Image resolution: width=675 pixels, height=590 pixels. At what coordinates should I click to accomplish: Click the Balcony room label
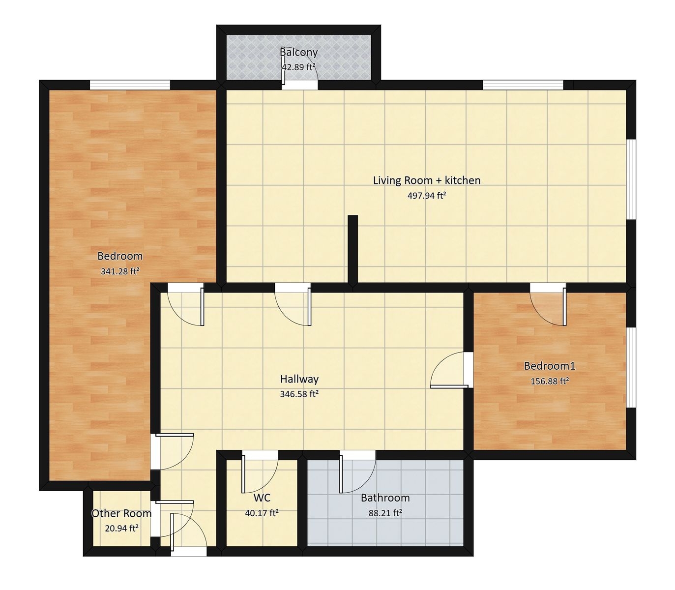(298, 52)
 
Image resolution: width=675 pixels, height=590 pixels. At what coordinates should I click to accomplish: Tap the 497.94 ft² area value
(427, 196)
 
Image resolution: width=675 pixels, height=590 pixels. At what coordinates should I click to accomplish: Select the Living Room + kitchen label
(427, 180)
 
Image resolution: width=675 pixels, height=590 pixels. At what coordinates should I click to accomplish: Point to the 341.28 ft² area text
(120, 271)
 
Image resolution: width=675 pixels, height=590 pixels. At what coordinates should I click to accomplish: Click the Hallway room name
(299, 379)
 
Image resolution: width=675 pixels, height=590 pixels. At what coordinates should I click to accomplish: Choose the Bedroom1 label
(550, 366)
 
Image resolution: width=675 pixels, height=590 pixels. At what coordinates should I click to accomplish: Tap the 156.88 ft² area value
(550, 381)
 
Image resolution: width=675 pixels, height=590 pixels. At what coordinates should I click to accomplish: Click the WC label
(262, 498)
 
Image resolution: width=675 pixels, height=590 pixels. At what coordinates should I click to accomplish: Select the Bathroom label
(385, 498)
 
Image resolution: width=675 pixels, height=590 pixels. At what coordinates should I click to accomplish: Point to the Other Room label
(121, 513)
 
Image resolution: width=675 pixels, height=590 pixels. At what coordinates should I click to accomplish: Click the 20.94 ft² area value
(121, 528)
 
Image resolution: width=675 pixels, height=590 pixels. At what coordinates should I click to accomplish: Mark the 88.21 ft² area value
(385, 513)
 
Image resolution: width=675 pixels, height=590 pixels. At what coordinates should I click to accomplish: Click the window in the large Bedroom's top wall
(130, 85)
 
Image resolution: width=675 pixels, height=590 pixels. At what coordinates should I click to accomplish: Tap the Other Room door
(174, 519)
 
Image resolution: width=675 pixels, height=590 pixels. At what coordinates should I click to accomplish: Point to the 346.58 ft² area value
(299, 394)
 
